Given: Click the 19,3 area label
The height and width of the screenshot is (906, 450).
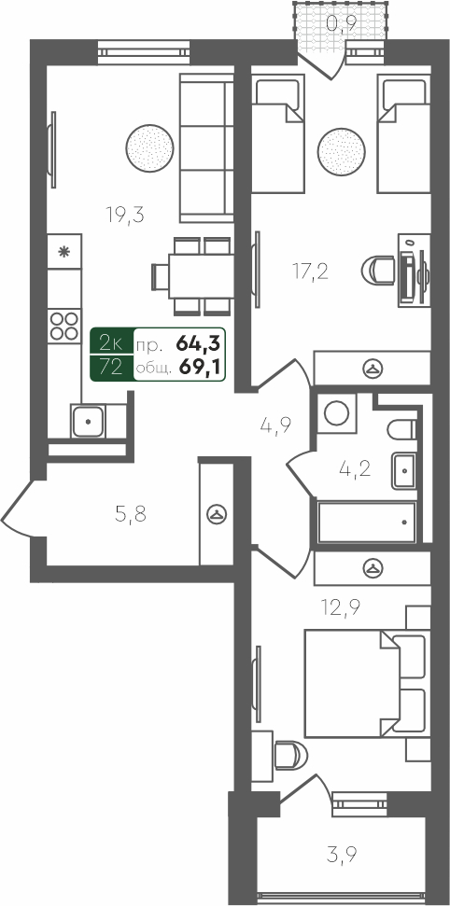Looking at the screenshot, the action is coord(124,215).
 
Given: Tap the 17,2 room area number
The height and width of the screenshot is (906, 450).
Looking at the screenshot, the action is coord(310,271).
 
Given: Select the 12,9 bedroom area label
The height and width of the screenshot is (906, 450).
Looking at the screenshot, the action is coord(340,606).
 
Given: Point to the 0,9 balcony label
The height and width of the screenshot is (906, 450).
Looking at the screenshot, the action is coord(342,23).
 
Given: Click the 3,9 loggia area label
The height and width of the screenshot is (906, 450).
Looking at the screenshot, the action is coord(342,854).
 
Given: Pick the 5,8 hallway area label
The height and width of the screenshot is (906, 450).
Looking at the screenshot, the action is coord(131,514).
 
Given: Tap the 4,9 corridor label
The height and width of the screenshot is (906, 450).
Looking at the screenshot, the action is coord(275,425).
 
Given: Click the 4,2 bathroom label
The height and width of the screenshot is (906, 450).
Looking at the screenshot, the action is coord(355,468).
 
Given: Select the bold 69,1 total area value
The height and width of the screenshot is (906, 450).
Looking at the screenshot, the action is coord(200,368).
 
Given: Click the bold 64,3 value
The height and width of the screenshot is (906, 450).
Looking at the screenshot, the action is coord(198,343).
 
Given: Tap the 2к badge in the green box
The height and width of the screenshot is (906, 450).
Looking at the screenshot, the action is coord(110,343).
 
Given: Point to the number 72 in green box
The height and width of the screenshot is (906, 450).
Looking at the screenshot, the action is coord(110,368).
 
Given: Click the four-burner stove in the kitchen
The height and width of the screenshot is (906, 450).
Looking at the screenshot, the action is coord(64,327).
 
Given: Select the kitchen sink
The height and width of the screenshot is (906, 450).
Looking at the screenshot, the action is coord(88,421).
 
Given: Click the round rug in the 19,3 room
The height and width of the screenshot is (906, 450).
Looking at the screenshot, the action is coord(149,147).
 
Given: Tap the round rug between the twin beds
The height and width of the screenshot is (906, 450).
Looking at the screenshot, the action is coord(342,151).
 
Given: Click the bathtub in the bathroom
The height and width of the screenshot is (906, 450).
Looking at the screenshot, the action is coord(367,523).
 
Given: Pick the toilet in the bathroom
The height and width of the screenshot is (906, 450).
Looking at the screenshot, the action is coord(401,428).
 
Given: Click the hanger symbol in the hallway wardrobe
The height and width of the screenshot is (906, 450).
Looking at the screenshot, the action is coord(217,514).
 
